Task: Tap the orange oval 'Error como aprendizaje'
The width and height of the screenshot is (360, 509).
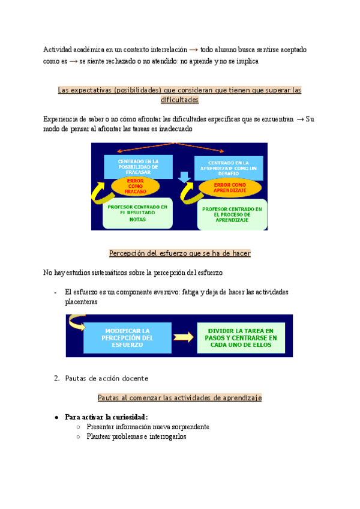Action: [x=230, y=187]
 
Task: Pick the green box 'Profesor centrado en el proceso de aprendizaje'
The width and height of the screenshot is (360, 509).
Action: [x=232, y=214]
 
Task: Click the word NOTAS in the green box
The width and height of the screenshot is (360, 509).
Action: [x=137, y=220]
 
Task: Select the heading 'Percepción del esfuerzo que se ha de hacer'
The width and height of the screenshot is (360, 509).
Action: [x=180, y=253]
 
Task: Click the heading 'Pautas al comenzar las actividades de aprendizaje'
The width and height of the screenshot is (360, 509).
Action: [x=180, y=397]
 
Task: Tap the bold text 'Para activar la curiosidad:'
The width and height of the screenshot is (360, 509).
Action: [x=106, y=417]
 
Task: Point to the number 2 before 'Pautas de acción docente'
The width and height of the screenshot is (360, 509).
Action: [x=56, y=378]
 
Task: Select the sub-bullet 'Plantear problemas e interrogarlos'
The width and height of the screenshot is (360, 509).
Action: [x=136, y=436]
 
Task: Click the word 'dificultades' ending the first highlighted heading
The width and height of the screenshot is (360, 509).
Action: [x=180, y=100]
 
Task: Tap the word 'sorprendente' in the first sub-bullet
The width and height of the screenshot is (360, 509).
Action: [x=188, y=427]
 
